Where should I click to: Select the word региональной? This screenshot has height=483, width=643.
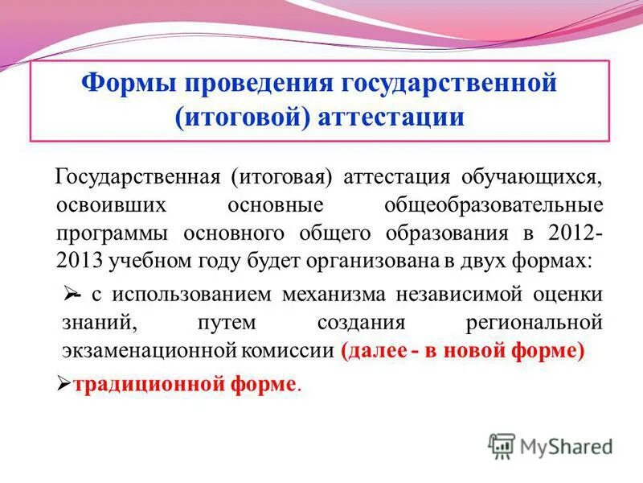tap(534, 323)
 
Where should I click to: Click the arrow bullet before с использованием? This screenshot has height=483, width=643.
tap(70, 295)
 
